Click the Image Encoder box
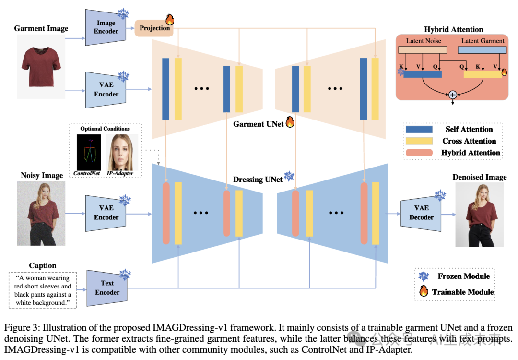click(x=106, y=27)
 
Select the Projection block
click(x=154, y=28)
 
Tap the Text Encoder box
click(x=107, y=288)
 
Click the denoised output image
click(x=479, y=214)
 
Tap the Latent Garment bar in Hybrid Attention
click(x=482, y=49)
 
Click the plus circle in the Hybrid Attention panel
click(x=452, y=95)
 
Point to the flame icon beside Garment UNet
click(x=290, y=122)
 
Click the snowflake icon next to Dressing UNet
click(x=289, y=177)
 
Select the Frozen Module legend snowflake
click(x=424, y=276)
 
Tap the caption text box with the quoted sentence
click(x=43, y=290)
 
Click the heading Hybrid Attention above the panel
click(x=453, y=30)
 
